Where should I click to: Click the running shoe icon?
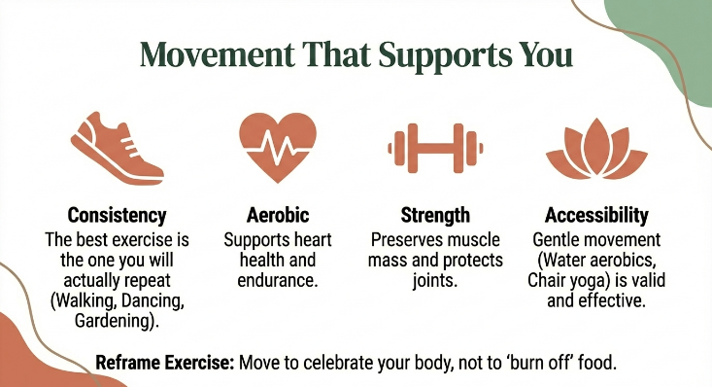pyautogui.click(x=118, y=149)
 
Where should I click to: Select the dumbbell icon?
pyautogui.click(x=435, y=148)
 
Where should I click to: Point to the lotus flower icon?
pyautogui.click(x=596, y=149)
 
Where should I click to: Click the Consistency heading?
pyautogui.click(x=118, y=215)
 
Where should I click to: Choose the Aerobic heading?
pyautogui.click(x=278, y=215)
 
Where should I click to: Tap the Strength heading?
pyautogui.click(x=435, y=215)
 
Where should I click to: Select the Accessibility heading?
pyautogui.click(x=596, y=215)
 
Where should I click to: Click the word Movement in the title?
pyautogui.click(x=217, y=55)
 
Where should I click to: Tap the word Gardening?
pyautogui.click(x=117, y=321)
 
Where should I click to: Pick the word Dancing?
pyautogui.click(x=153, y=300)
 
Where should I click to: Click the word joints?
pyautogui.click(x=434, y=281)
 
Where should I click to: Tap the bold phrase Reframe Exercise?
pyautogui.click(x=165, y=363)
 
